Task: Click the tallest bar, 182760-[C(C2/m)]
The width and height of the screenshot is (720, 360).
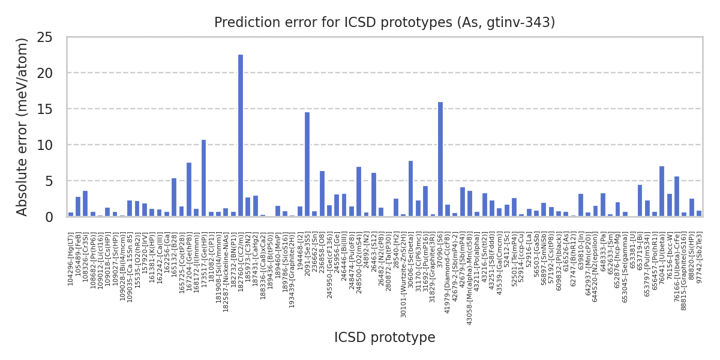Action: (241, 136)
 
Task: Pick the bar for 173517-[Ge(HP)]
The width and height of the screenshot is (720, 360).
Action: (203, 178)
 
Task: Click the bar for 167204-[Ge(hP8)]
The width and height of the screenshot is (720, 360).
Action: (189, 190)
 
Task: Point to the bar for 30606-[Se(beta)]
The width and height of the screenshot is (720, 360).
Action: (410, 188)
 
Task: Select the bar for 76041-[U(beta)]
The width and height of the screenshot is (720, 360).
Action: (662, 191)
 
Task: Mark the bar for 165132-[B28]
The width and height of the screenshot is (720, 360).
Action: (174, 197)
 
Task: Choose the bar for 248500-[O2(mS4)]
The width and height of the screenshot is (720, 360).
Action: (359, 192)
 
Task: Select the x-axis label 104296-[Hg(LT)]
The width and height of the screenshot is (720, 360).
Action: (71, 259)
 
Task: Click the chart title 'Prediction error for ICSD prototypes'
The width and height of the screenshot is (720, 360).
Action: (384, 23)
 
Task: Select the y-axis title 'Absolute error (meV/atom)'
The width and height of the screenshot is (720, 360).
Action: (23, 127)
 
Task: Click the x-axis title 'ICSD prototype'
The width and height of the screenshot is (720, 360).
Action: (384, 338)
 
